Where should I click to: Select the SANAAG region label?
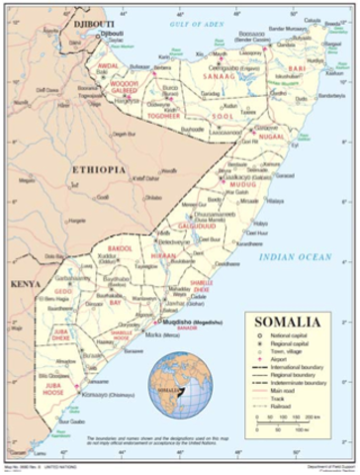coord(220,73)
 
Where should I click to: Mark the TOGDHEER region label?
coord(164,116)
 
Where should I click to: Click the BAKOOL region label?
coord(121,246)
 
